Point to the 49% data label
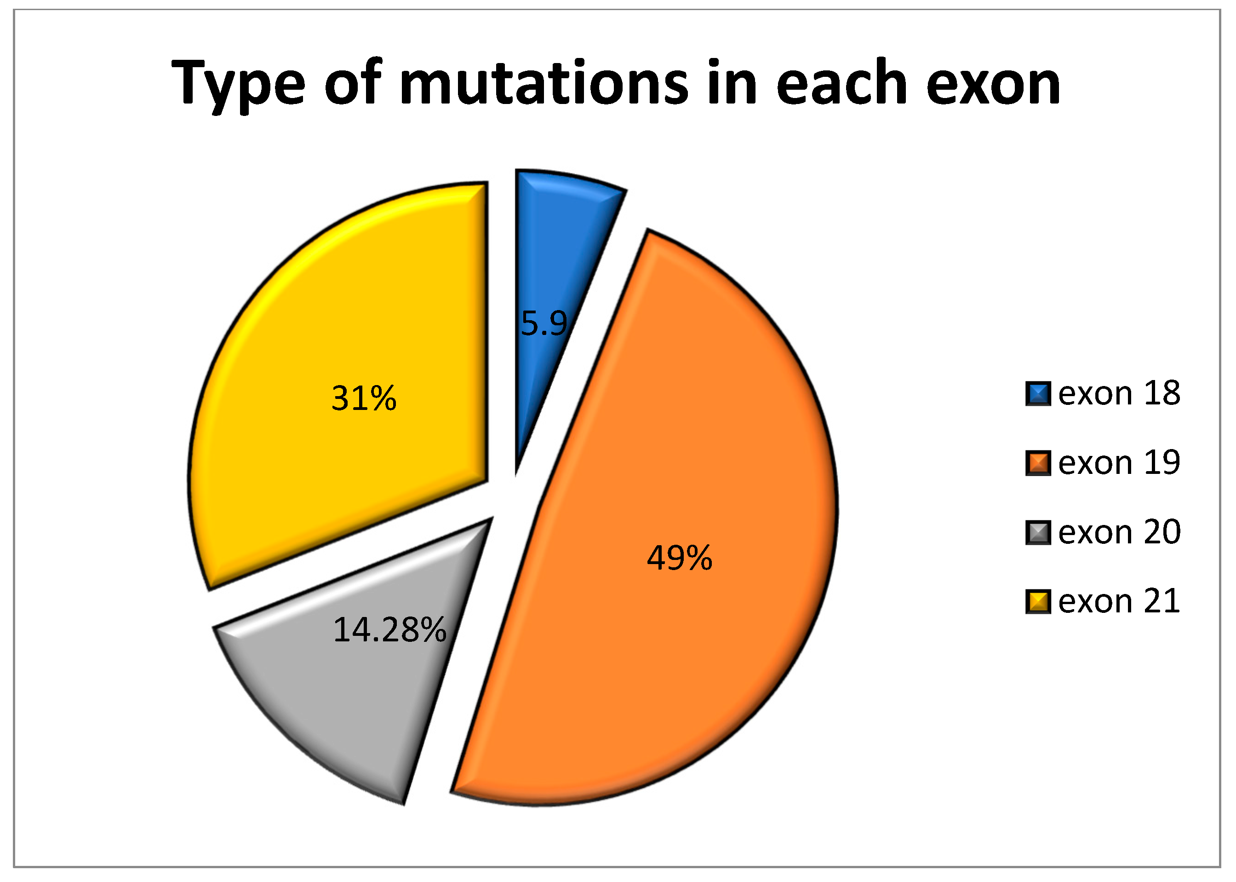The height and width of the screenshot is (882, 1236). [x=679, y=558]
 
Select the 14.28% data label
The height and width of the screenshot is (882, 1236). [x=389, y=630]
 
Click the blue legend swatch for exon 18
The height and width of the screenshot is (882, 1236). [x=1038, y=394]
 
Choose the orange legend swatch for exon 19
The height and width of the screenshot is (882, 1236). [x=1038, y=463]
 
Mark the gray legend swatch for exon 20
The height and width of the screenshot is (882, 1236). [x=1038, y=532]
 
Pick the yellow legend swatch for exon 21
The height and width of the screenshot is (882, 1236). [x=1038, y=601]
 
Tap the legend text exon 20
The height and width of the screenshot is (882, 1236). [x=1119, y=532]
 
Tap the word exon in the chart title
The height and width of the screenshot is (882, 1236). [x=993, y=85]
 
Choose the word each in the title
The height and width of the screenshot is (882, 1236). [x=842, y=81]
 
